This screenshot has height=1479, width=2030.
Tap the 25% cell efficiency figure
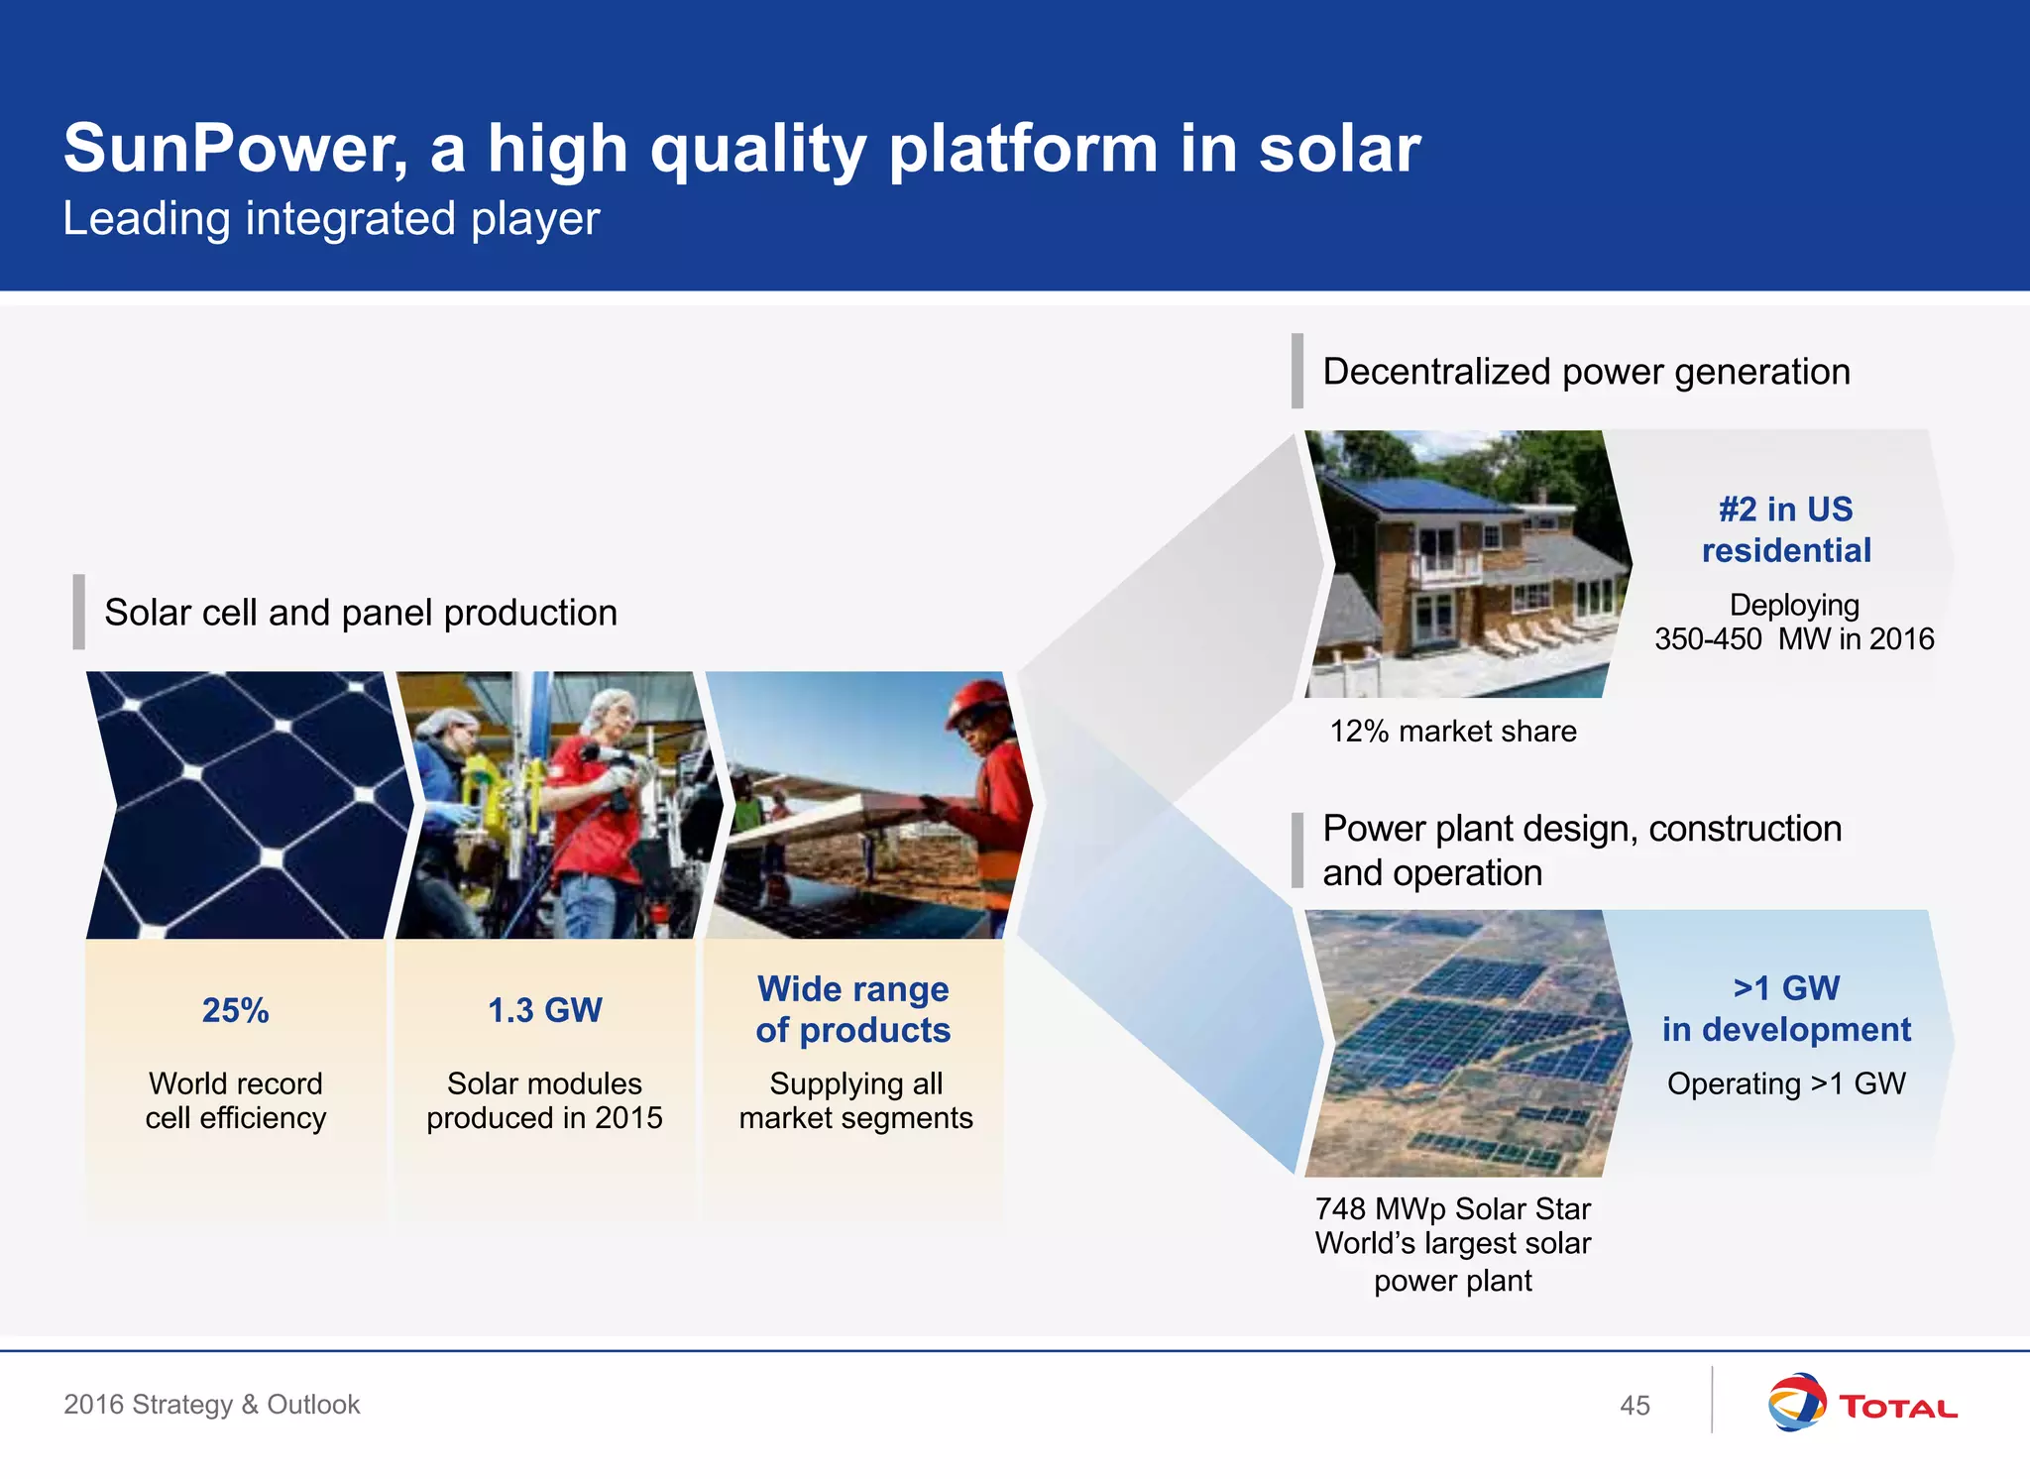(235, 1010)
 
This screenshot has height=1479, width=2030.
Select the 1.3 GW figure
(544, 1010)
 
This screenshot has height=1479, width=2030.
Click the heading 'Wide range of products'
(852, 1009)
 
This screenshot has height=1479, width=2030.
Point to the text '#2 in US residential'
(1785, 529)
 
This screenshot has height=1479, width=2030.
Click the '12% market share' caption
(1452, 732)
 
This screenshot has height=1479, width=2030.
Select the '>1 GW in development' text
(1785, 1008)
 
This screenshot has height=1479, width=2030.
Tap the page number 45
(1635, 1405)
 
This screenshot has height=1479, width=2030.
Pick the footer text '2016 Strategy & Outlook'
(211, 1404)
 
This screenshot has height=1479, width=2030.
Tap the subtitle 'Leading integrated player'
(331, 219)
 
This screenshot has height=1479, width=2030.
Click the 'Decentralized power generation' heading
(1586, 372)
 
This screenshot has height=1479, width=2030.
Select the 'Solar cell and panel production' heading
(360, 613)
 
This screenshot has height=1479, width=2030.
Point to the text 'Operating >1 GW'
(1785, 1083)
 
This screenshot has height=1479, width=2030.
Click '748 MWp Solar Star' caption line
(1452, 1209)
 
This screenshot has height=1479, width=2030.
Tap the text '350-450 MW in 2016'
(1793, 639)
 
